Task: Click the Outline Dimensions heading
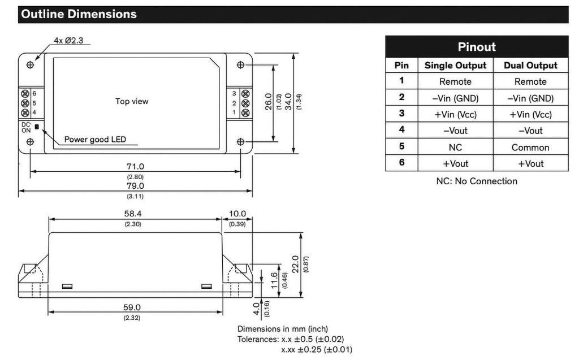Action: click(77, 14)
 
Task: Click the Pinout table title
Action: click(477, 46)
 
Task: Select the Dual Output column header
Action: click(530, 66)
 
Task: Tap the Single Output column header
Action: click(455, 66)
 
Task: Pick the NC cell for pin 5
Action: click(455, 147)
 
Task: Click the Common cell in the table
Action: click(530, 147)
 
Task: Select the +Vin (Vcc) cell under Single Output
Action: click(455, 114)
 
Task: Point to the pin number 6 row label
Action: click(401, 163)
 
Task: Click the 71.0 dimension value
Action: click(135, 166)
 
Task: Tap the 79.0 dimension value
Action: click(135, 185)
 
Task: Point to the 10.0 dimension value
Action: click(237, 214)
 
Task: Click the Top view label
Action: click(132, 101)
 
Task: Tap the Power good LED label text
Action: click(95, 139)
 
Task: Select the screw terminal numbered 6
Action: click(25, 93)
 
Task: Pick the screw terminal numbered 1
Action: click(245, 112)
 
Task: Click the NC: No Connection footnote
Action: click(477, 181)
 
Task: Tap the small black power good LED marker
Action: click(37, 127)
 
